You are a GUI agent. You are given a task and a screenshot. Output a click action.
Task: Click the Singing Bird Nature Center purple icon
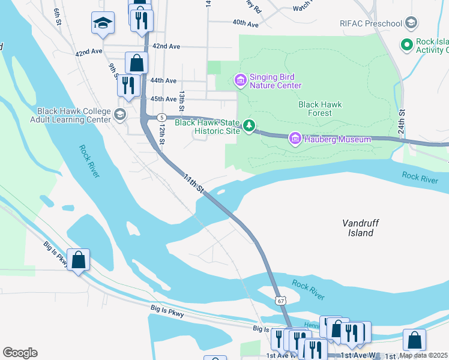240,80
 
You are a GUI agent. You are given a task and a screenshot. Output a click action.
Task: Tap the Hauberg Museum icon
295,139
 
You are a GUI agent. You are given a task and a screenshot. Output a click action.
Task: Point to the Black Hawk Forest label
320,109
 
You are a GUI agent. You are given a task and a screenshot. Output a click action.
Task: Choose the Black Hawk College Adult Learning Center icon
120,115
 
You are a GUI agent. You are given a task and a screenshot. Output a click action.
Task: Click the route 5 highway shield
161,116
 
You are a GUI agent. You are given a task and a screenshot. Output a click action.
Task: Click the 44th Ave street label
163,80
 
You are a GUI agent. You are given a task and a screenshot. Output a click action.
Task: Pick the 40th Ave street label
246,23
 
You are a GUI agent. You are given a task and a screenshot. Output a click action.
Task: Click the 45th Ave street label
163,99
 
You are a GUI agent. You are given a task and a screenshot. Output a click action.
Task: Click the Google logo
20,353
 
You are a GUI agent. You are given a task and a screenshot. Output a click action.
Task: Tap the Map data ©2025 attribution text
424,355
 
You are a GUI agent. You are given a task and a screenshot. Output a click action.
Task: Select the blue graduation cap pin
103,25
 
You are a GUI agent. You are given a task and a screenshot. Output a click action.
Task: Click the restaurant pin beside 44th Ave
128,86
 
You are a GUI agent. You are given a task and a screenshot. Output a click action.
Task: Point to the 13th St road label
181,98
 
